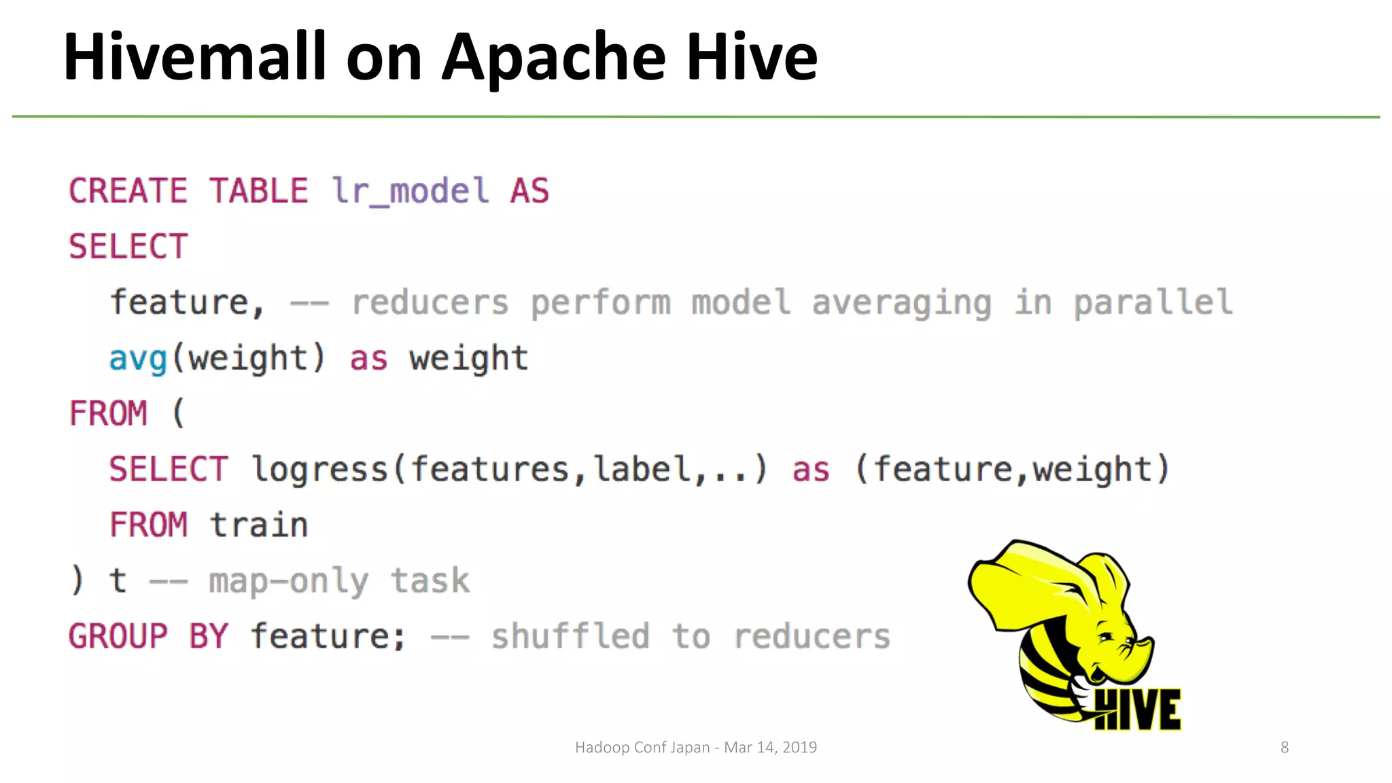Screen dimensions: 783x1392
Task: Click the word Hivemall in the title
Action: (194, 57)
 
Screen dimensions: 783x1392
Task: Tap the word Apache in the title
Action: (553, 58)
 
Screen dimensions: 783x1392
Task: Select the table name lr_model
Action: (411, 191)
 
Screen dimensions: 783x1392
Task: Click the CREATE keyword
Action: (128, 191)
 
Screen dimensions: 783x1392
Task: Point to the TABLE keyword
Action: (258, 191)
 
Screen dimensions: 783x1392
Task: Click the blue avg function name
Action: (138, 359)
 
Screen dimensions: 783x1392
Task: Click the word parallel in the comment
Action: (1153, 302)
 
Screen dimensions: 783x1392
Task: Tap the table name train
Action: (258, 525)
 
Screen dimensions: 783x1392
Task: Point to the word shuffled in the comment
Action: (570, 637)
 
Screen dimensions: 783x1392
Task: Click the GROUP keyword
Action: (118, 637)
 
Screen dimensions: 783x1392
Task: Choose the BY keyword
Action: (208, 637)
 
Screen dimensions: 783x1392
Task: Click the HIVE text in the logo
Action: (1138, 710)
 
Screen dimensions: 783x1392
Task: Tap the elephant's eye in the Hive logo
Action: (1106, 637)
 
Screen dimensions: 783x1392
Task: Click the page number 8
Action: (1285, 748)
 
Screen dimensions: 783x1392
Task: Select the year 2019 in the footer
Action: (799, 748)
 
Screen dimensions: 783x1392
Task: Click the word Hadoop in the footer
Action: (602, 748)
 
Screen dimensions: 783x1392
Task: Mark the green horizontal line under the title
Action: (696, 117)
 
